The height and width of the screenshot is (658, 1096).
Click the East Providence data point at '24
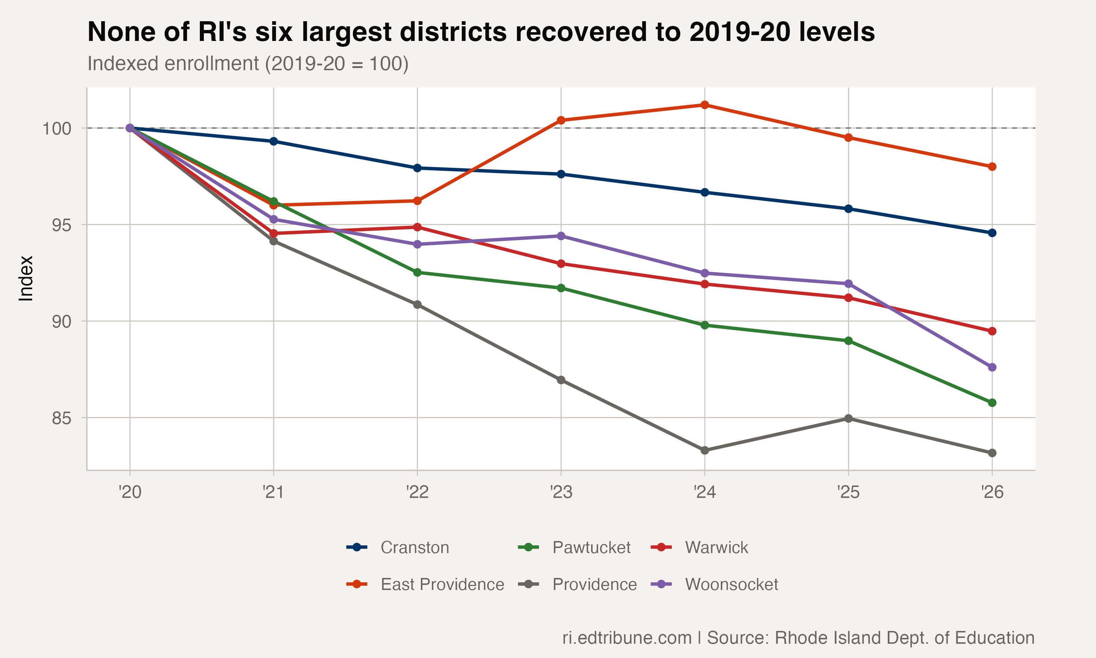click(704, 105)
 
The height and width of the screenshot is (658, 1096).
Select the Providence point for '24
click(704, 450)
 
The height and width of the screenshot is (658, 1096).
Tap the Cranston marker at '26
click(992, 233)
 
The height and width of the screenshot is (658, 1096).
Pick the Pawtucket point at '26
click(992, 402)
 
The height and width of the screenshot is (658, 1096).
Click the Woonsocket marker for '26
click(992, 367)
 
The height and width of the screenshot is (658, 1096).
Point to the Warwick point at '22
click(417, 227)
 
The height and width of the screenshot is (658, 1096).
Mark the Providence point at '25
click(848, 419)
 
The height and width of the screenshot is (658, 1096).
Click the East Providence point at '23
click(561, 120)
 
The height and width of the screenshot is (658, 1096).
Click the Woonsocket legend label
click(731, 585)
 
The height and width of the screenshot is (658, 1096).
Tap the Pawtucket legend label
click(591, 547)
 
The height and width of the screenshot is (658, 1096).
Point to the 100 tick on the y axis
click(57, 129)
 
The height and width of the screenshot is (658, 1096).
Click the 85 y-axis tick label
click(61, 418)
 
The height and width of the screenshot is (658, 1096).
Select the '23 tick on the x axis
click(561, 492)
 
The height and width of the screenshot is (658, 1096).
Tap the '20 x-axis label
click(130, 492)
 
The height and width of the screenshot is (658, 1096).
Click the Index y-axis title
click(26, 279)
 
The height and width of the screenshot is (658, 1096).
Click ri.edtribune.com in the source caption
click(627, 638)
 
